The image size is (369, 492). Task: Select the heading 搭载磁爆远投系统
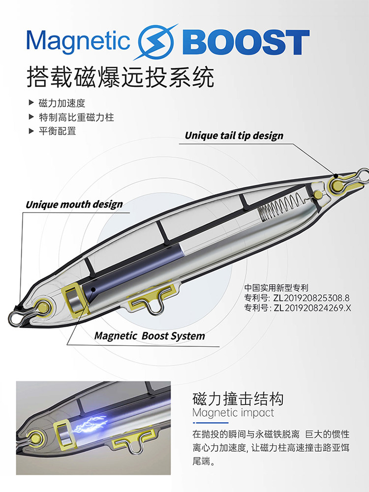pyautogui.click(x=121, y=77)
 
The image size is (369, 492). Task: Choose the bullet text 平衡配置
pyautogui.click(x=58, y=131)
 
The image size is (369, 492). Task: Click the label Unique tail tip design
pyautogui.click(x=234, y=135)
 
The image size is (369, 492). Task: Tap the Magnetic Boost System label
pyautogui.click(x=150, y=336)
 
